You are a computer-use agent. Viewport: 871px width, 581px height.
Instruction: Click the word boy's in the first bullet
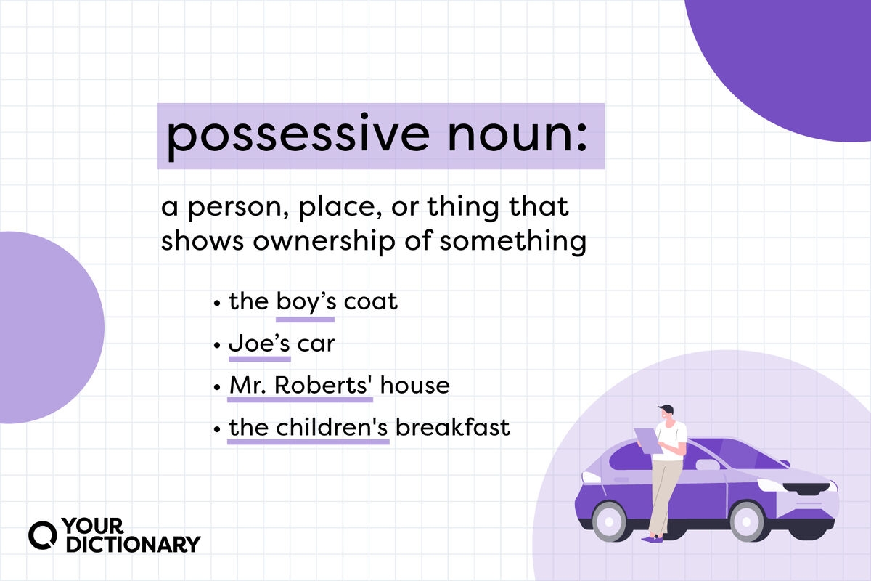305,301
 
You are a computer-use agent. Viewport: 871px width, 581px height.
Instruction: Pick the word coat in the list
370,301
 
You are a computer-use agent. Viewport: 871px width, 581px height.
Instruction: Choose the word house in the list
414,385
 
